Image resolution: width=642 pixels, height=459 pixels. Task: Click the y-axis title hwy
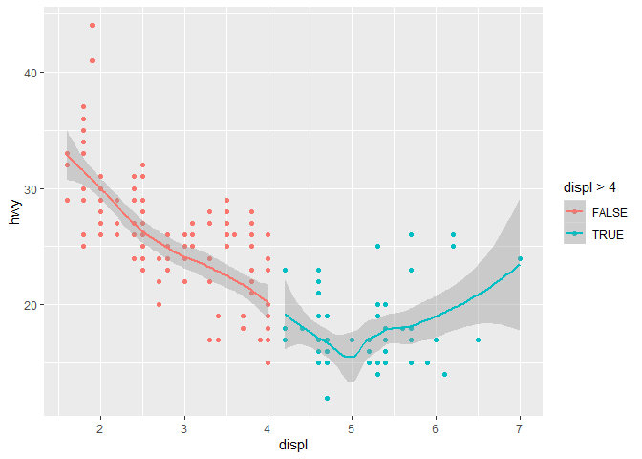(x=14, y=218)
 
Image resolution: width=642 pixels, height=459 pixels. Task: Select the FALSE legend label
(x=609, y=211)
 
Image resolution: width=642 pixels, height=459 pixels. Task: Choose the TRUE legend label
(x=607, y=234)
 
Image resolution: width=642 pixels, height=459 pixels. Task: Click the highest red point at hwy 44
(x=92, y=26)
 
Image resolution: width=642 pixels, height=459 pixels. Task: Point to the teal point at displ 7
(x=520, y=258)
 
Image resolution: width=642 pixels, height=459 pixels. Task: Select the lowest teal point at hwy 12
(x=327, y=398)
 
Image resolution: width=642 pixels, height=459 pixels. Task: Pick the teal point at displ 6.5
(x=478, y=339)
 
